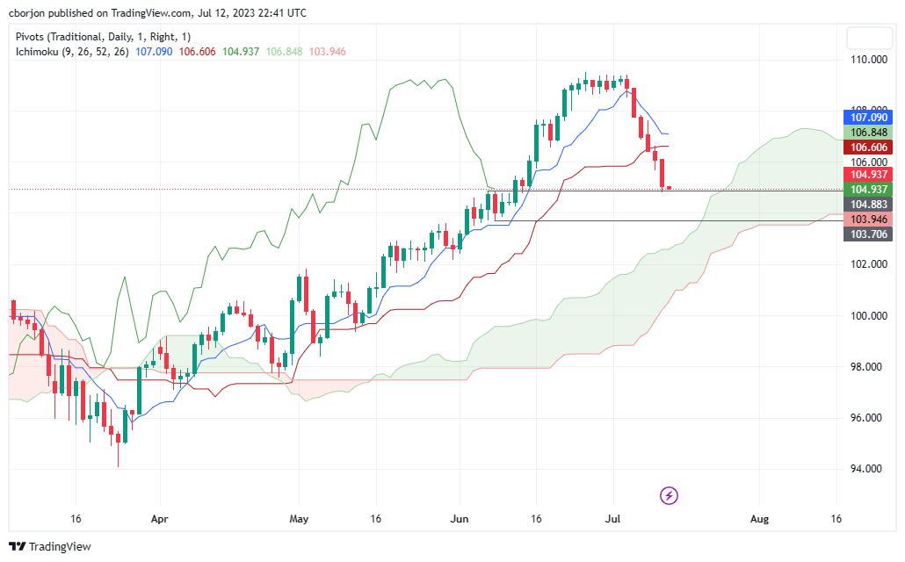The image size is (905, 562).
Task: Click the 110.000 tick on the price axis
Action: [866, 59]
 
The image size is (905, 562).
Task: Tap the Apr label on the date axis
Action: [159, 519]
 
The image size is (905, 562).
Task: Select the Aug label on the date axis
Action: [759, 519]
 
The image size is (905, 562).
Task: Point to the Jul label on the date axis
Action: [614, 519]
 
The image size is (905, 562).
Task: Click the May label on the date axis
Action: [299, 519]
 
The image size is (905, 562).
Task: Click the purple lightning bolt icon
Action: [669, 495]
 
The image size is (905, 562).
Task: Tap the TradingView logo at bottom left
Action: [50, 546]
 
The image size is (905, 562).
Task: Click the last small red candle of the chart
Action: [670, 188]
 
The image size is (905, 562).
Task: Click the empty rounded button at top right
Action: [869, 38]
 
